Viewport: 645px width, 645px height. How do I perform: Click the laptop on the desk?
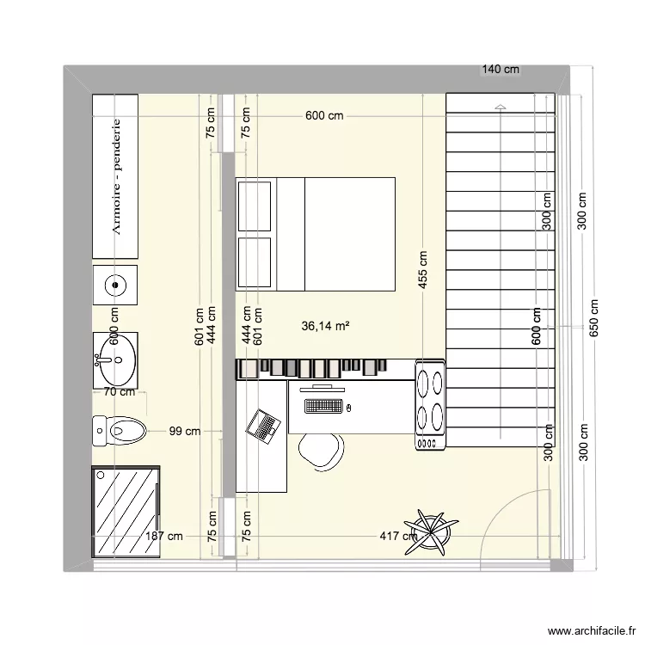[x=263, y=424]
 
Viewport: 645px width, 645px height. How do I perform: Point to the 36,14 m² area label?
[x=325, y=327]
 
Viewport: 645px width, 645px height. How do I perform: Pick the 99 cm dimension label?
[x=184, y=431]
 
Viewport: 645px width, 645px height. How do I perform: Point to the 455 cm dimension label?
[x=422, y=272]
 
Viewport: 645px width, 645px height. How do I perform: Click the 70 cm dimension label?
[x=119, y=392]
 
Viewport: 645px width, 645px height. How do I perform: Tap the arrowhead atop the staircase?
[x=501, y=106]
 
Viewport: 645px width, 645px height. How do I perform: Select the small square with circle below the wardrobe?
[x=115, y=283]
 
